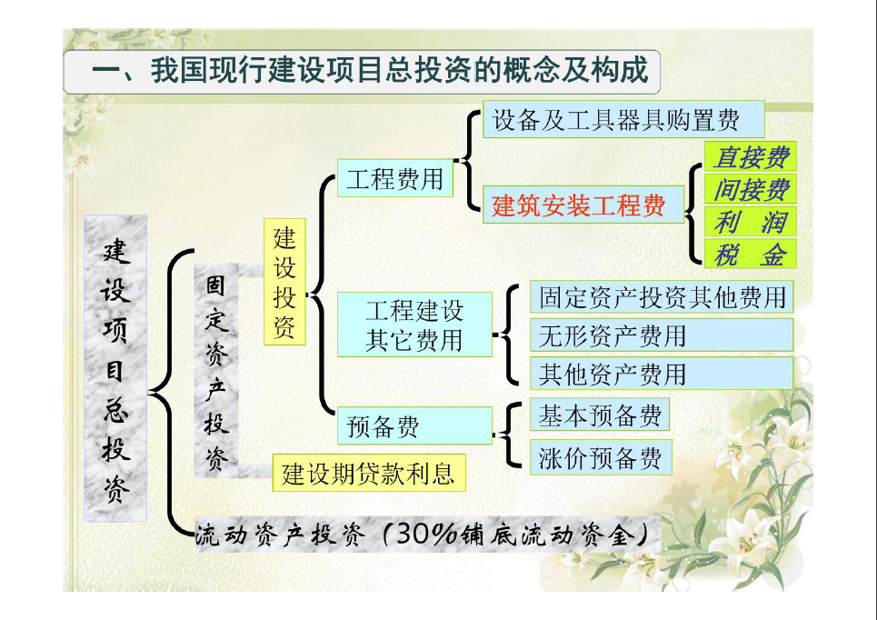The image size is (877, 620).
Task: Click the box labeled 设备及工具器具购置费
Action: click(x=623, y=119)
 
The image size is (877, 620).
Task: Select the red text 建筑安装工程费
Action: click(x=578, y=205)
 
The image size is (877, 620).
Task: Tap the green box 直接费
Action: click(x=750, y=156)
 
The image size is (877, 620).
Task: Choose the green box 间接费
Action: click(x=750, y=188)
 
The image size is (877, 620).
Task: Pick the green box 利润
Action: click(x=750, y=221)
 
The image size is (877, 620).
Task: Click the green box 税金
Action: click(x=750, y=254)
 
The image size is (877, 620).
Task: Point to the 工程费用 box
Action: click(x=394, y=178)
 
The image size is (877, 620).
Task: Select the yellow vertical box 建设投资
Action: click(x=284, y=282)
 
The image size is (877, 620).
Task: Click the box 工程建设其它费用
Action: click(x=414, y=325)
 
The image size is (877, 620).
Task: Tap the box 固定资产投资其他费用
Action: click(x=662, y=296)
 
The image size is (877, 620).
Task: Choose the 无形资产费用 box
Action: click(x=662, y=335)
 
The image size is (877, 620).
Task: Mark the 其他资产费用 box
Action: click(x=662, y=374)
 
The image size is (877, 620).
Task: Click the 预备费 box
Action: click(x=414, y=425)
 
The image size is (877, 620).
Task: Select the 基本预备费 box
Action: click(x=600, y=415)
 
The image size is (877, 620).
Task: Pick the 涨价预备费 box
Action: click(x=601, y=457)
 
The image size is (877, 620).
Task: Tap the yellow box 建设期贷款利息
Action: click(x=369, y=474)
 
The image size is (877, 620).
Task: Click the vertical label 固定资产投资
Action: click(x=216, y=371)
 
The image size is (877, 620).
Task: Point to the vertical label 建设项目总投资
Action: click(x=115, y=369)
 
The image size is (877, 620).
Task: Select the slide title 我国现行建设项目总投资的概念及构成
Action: click(x=399, y=71)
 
